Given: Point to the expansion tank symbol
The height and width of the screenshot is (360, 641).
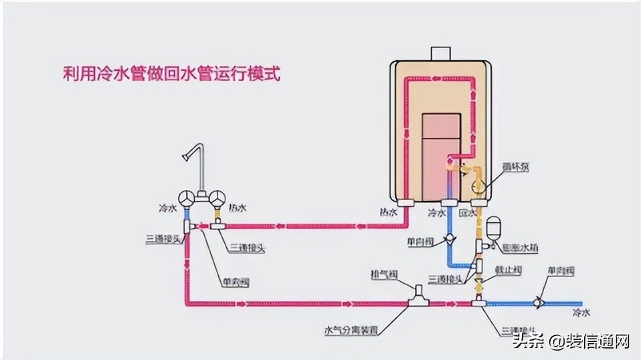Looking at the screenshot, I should [x=494, y=228].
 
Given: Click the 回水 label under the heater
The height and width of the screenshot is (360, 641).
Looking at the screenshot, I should [x=468, y=213].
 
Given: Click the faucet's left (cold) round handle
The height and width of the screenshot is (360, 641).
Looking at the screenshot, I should [x=187, y=198].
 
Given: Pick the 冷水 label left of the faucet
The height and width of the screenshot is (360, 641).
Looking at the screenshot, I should [x=168, y=208].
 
